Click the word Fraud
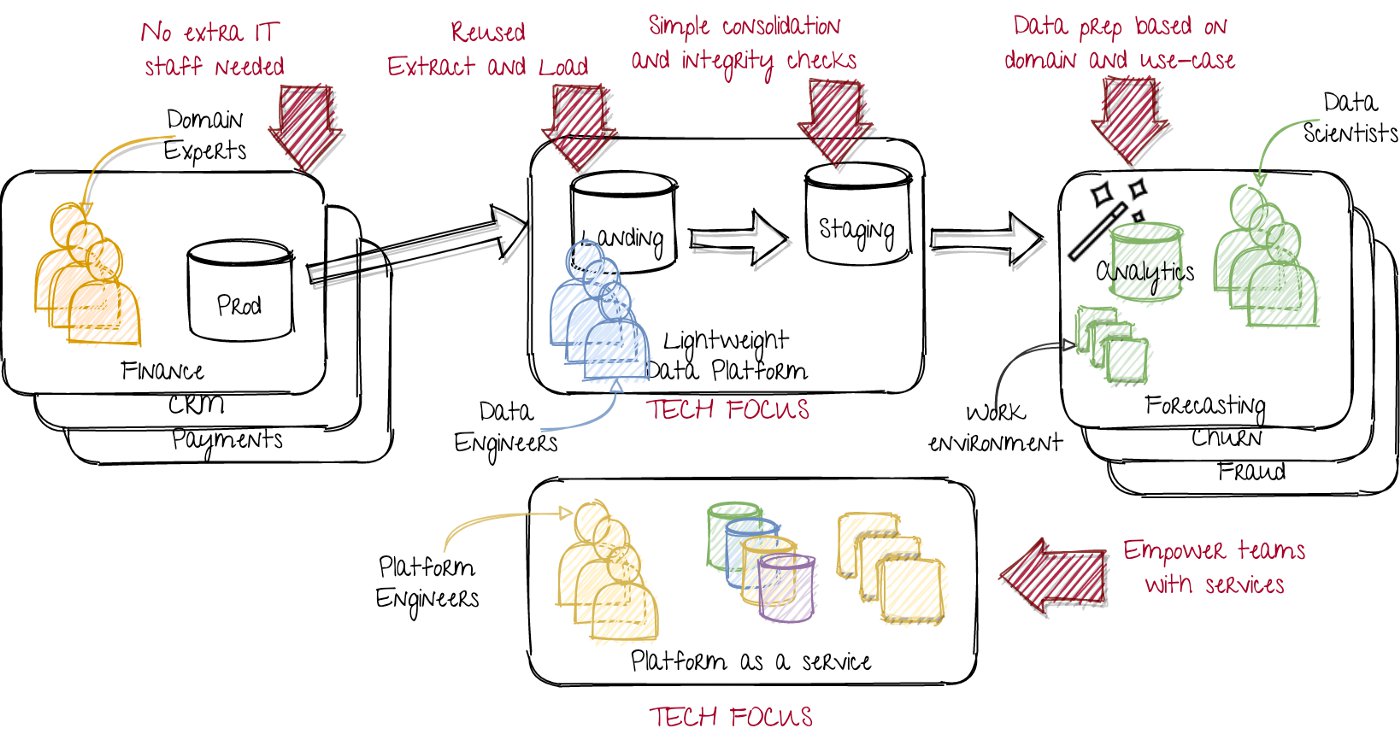(x=1251, y=470)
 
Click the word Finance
(x=162, y=371)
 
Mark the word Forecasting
(x=1206, y=408)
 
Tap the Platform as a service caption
(x=751, y=661)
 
